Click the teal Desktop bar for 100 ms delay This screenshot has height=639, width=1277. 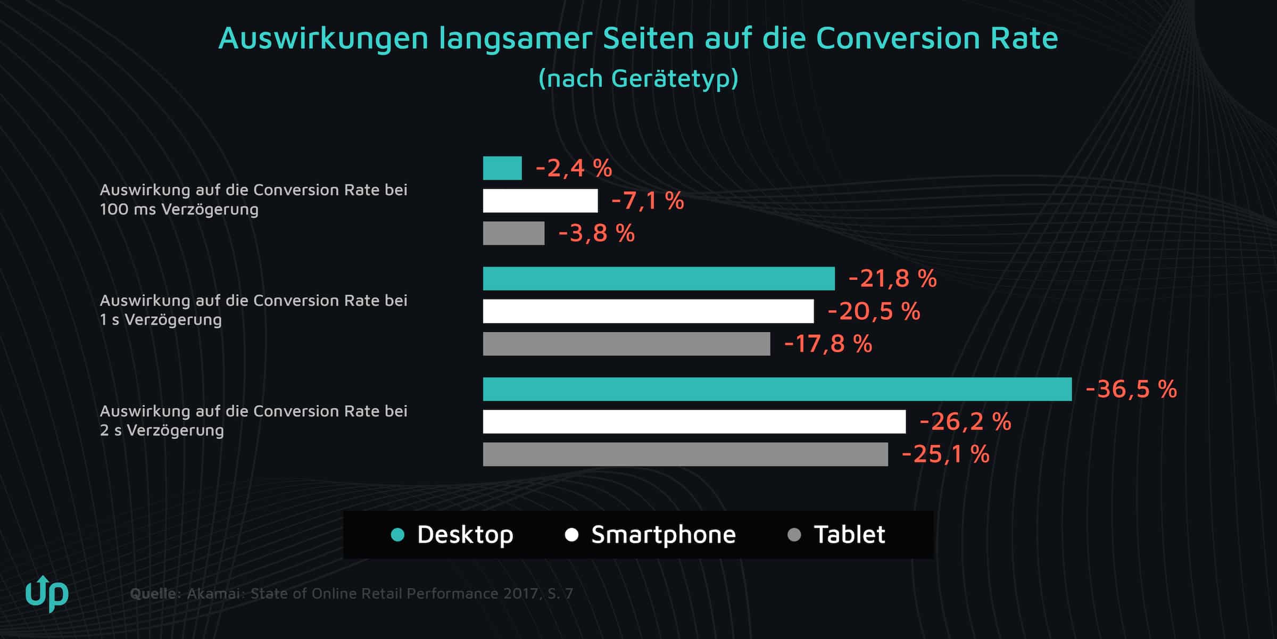point(502,168)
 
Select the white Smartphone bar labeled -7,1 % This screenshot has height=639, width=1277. point(540,201)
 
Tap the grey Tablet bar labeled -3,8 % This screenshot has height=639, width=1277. point(513,234)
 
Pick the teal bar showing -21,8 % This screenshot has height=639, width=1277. point(659,279)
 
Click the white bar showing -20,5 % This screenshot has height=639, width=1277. point(648,311)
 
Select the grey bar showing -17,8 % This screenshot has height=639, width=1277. point(626,344)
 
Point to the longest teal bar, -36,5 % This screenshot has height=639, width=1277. point(777,389)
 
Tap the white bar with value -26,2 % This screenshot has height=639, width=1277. point(694,421)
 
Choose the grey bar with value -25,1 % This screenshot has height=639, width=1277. point(685,454)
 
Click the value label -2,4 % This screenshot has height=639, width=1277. point(574,168)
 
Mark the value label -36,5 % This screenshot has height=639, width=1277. point(1131,389)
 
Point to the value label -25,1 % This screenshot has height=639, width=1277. point(946,454)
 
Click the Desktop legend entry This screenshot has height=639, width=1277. point(465,535)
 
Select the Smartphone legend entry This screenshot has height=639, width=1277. point(663,535)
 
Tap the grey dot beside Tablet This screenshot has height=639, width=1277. point(794,535)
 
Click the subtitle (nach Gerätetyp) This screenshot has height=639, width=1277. point(638,78)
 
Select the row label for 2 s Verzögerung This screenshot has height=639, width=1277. point(253,420)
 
